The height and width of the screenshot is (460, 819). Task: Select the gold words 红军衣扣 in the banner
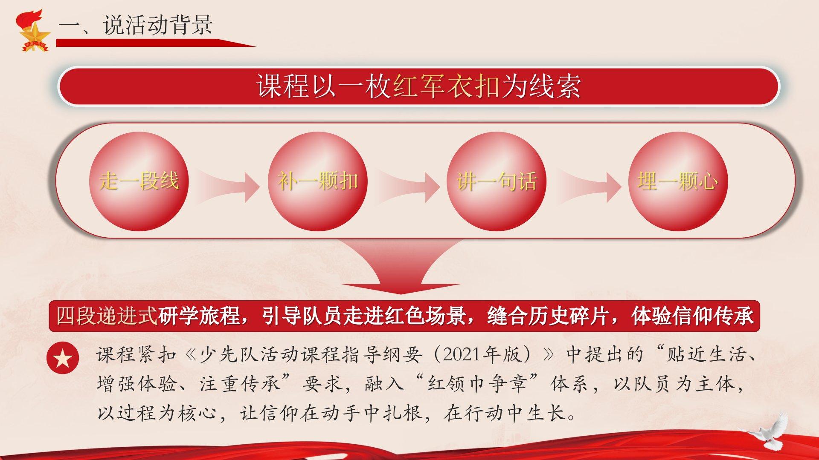click(x=446, y=86)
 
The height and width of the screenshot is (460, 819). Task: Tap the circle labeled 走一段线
click(x=139, y=181)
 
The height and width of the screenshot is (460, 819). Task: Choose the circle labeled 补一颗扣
click(x=318, y=181)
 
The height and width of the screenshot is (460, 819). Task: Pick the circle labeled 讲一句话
click(x=497, y=181)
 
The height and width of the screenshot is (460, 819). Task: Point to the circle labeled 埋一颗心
click(x=678, y=181)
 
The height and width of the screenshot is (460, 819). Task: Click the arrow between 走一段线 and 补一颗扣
click(x=228, y=187)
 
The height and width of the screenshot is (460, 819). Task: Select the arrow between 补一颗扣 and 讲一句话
click(x=407, y=187)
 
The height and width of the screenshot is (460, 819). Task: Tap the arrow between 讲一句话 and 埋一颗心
click(x=589, y=187)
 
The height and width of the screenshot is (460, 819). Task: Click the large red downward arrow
click(x=401, y=266)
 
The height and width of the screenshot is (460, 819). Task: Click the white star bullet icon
click(x=63, y=358)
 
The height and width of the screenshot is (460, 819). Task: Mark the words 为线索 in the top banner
click(x=540, y=86)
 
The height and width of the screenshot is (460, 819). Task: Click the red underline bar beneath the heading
click(x=156, y=43)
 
